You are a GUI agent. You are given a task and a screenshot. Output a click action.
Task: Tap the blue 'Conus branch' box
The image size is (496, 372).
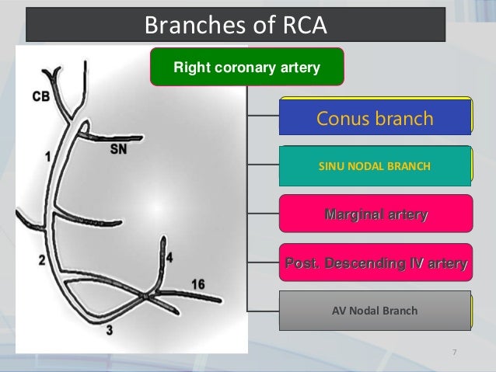(375, 118)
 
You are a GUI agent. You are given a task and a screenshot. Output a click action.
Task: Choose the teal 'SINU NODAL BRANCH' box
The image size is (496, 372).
(375, 166)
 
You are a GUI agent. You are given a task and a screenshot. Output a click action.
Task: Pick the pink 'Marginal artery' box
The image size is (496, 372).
(375, 214)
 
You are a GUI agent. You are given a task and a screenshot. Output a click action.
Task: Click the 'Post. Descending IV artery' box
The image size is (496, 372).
(375, 264)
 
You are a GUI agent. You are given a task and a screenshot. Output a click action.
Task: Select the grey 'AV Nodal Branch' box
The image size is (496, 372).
(375, 311)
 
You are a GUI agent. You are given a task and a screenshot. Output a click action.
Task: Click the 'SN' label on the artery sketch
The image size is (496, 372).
(117, 151)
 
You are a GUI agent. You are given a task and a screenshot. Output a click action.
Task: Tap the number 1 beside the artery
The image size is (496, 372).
(48, 156)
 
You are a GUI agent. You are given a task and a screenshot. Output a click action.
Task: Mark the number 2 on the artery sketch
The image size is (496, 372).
(41, 260)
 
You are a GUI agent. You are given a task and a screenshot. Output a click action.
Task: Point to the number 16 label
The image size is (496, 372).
(197, 284)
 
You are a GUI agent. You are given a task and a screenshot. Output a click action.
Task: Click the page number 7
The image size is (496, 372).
(454, 354)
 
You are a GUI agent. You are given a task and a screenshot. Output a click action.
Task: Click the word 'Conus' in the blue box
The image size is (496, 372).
(344, 118)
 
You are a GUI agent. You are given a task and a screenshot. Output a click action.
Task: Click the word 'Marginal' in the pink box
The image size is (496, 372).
(354, 214)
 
